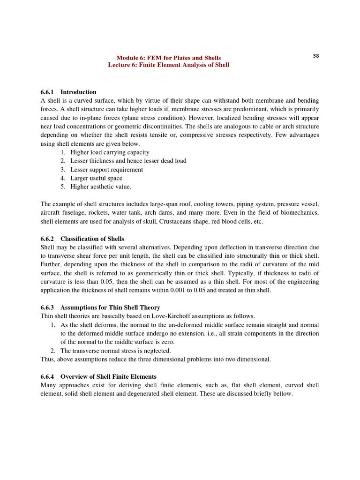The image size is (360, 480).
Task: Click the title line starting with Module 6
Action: point(169,58)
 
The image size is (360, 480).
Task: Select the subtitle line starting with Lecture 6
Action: point(169,65)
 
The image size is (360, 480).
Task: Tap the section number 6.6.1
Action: point(48,92)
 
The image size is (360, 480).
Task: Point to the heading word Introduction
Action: point(78,92)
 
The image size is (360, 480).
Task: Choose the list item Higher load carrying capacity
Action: point(110,152)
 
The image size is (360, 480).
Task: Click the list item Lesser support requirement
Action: point(106,170)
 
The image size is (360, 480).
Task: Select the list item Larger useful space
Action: point(96,178)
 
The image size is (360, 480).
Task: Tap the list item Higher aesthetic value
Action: point(101,187)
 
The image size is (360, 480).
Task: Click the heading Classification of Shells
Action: point(92,239)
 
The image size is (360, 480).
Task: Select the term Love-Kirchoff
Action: point(144,316)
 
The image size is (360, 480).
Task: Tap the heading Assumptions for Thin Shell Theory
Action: point(110,307)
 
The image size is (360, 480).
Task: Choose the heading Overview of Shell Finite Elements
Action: point(108,376)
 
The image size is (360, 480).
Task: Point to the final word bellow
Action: point(282,394)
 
